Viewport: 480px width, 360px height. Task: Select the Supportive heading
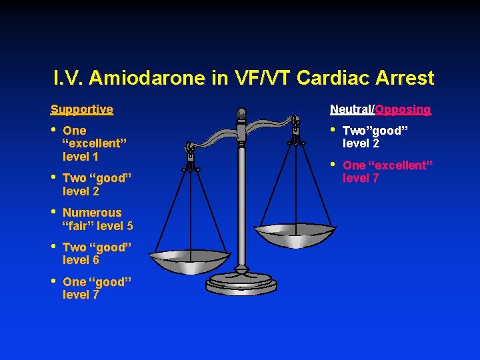(82, 109)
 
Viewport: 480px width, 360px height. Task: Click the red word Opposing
(403, 109)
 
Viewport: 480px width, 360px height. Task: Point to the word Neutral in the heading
(352, 109)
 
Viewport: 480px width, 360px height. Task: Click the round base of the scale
(240, 283)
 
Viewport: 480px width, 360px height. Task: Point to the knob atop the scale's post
(241, 114)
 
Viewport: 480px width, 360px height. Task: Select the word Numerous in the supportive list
(92, 213)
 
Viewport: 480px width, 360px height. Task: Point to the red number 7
(375, 178)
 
